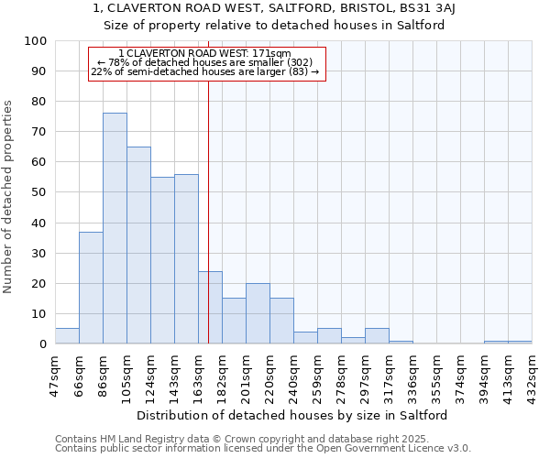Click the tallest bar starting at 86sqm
115,228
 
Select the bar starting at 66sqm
91,288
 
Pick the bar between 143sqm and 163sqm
186,259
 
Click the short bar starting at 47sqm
67,336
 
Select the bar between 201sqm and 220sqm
258,313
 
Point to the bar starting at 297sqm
377,336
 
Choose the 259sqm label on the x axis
318,373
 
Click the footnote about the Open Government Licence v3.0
263,449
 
